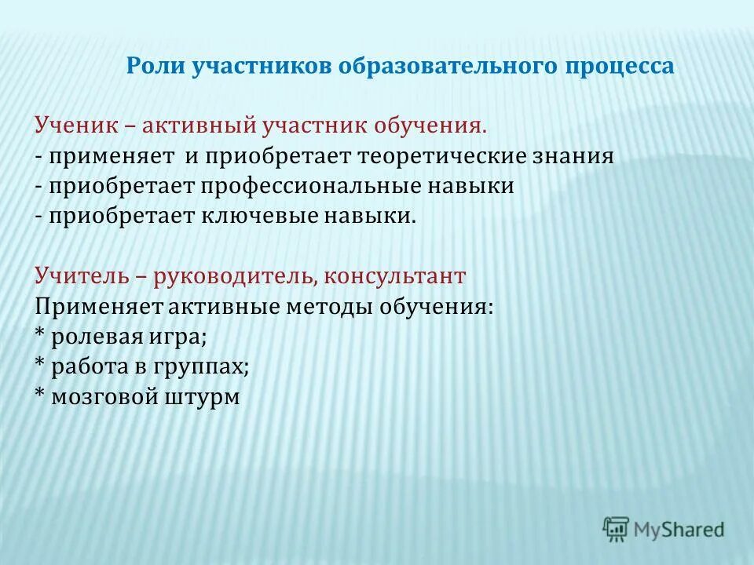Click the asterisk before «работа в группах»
pyautogui.click(x=40, y=366)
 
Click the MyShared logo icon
pyautogui.click(x=616, y=529)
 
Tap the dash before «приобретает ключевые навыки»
pyautogui.click(x=39, y=217)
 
